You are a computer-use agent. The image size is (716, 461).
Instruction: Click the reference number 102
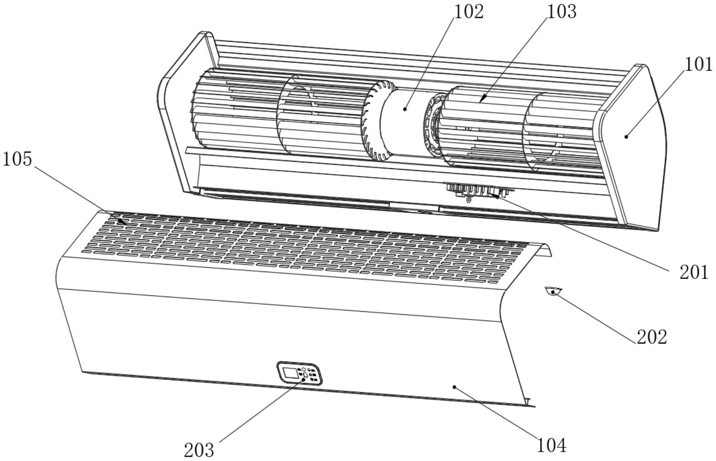coord(468,11)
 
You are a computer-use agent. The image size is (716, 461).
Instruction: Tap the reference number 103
coord(562,11)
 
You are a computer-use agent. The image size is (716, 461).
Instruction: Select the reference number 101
coord(699,64)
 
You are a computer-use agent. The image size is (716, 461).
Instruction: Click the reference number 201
coord(694,272)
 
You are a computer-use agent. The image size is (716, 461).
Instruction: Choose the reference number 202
coord(652,337)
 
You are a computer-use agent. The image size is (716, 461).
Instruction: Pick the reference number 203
coord(199,450)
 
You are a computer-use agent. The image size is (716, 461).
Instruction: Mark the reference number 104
coord(552,446)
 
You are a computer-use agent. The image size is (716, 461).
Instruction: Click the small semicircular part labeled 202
coord(553,290)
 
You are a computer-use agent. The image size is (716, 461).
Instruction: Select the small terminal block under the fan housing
coord(478,191)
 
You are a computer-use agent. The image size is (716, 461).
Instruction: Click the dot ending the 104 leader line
coord(455,387)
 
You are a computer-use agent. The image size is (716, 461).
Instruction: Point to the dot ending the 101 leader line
coord(626,136)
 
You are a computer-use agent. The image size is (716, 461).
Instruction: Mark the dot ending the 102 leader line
coord(405,109)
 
